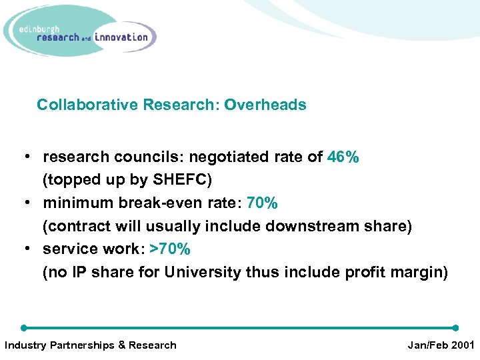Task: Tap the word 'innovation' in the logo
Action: pos(121,37)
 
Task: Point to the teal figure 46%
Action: pos(343,157)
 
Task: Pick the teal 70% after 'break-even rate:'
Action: pos(262,203)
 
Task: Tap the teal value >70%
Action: pos(170,249)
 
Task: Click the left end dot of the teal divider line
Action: pos(24,328)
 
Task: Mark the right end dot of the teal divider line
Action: pos(455,328)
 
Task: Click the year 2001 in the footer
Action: pos(461,345)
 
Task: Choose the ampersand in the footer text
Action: pos(121,345)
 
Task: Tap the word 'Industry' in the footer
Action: pos(25,345)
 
